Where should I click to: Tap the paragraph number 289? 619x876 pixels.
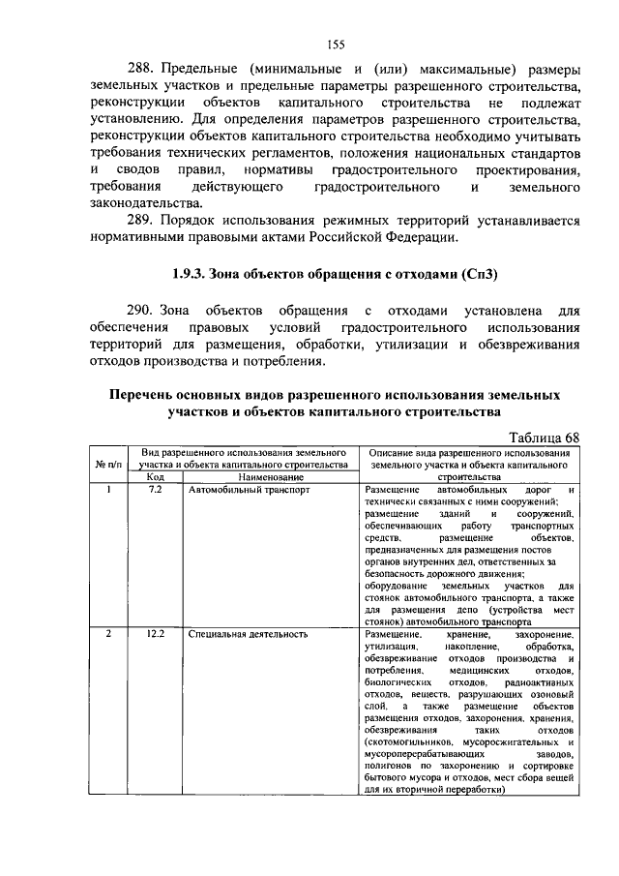tap(142, 220)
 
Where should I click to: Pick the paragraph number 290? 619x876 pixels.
tap(142, 311)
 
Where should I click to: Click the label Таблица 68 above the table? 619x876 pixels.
tap(543, 438)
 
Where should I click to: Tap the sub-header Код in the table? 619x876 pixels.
tap(155, 477)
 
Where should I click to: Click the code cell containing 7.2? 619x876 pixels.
tap(155, 490)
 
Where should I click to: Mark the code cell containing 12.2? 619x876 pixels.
tap(155, 634)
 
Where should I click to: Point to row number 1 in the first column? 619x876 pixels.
tap(108, 490)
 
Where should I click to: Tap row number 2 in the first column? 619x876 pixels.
tap(108, 634)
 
